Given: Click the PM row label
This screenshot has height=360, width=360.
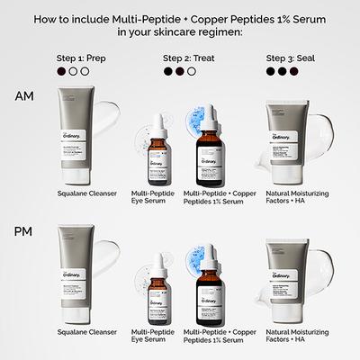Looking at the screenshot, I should pyautogui.click(x=24, y=232).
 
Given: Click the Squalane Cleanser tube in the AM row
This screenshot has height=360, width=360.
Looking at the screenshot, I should pyautogui.click(x=75, y=134).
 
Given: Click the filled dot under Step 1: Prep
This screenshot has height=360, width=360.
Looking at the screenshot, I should pyautogui.click(x=61, y=70).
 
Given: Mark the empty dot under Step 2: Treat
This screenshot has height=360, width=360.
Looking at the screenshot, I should pyautogui.click(x=191, y=70).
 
